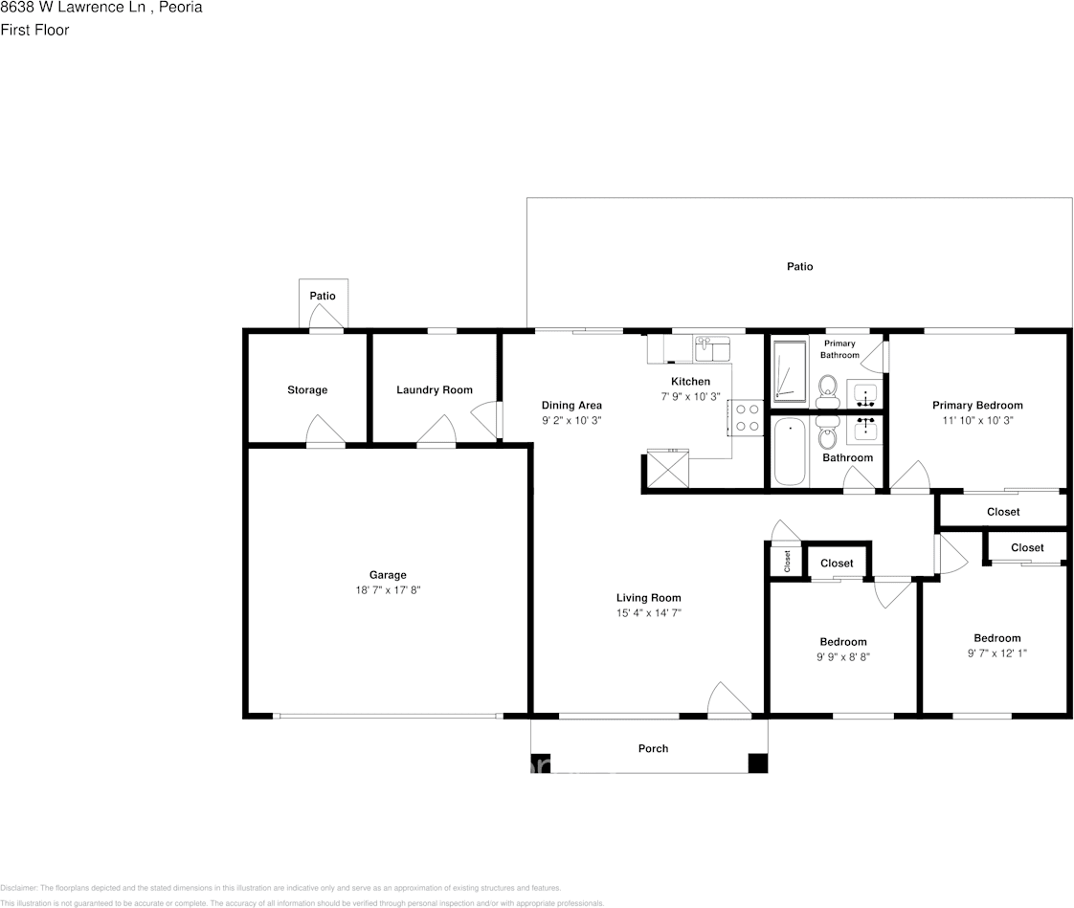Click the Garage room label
388,575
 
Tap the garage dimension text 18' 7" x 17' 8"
388,590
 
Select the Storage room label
307,390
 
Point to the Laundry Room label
435,390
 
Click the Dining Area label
571,405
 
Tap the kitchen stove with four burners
747,417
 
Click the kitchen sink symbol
711,346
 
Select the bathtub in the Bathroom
790,452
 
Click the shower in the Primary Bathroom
790,368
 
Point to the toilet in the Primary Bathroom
828,388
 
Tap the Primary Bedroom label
977,406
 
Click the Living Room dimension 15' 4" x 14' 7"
648,613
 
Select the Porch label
653,748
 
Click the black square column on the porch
757,763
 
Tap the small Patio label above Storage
323,297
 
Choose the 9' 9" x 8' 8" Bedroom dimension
842,657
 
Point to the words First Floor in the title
35,30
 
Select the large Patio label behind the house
800,267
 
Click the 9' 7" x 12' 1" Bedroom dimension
996,653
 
